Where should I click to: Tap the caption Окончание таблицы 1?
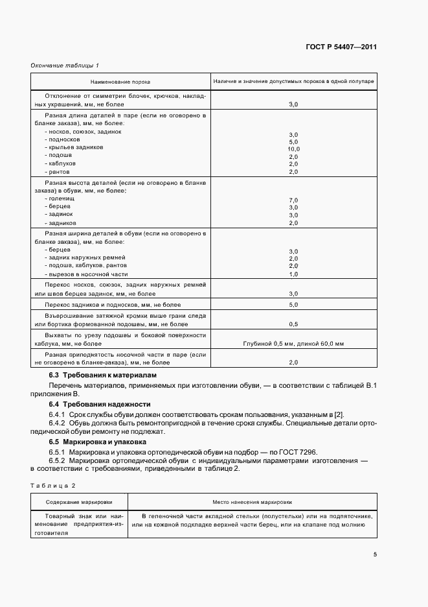pyautogui.click(x=65, y=65)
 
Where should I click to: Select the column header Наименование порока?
pyautogui.click(x=121, y=81)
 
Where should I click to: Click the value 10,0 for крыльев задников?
pyautogui.click(x=293, y=149)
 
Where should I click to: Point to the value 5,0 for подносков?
pyautogui.click(x=293, y=141)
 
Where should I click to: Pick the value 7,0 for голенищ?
pyautogui.click(x=293, y=200)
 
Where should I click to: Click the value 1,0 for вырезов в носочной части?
pyautogui.click(x=293, y=274)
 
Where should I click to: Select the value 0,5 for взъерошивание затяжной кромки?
pyautogui.click(x=293, y=324)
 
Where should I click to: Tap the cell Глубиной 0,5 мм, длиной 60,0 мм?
pyautogui.click(x=293, y=343)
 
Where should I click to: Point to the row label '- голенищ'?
pyautogui.click(x=60, y=200)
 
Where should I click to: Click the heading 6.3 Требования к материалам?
pyautogui.click(x=102, y=375)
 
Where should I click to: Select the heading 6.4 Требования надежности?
pyautogui.click(x=100, y=404)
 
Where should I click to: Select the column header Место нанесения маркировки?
pyautogui.click(x=252, y=501)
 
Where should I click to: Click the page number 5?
pyautogui.click(x=375, y=554)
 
